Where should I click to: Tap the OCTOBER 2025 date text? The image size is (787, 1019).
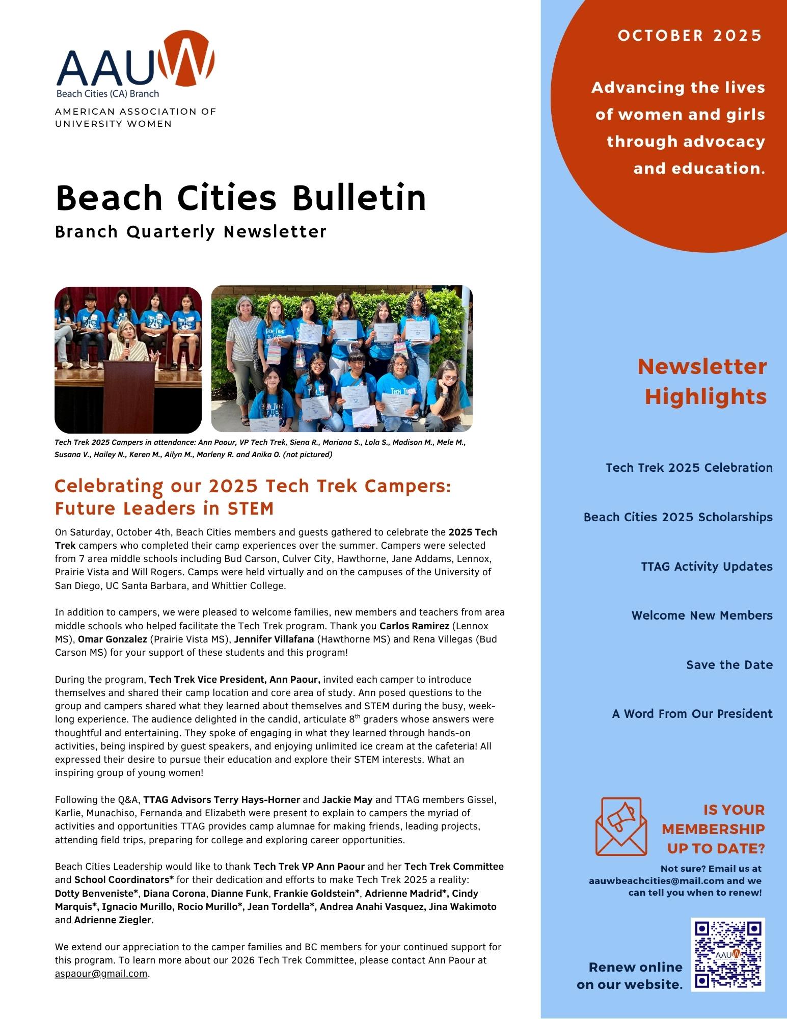click(690, 36)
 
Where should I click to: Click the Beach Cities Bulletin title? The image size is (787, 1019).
click(240, 198)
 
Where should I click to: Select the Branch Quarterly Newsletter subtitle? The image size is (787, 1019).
click(191, 232)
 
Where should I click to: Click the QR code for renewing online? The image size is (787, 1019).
click(728, 954)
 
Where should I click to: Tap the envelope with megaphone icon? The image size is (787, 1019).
click(621, 826)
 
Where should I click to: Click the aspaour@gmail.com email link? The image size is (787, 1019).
click(101, 974)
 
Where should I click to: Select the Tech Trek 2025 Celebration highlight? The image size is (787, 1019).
click(689, 468)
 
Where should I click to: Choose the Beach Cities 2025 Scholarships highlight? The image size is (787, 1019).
click(678, 517)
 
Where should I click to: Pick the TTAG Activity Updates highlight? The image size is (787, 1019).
click(707, 567)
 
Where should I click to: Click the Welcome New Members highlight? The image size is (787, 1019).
click(702, 615)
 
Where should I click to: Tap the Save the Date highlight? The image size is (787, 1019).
click(729, 665)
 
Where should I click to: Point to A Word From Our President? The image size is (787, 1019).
click(692, 714)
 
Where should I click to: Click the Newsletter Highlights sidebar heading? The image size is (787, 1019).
click(702, 381)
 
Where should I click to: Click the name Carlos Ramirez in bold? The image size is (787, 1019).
click(414, 626)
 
